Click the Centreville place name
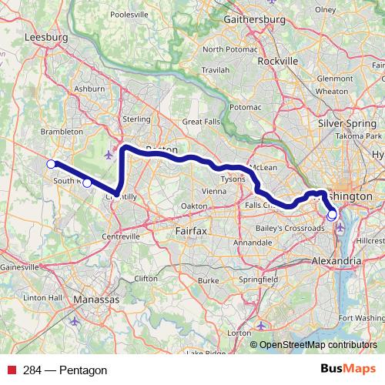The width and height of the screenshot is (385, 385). pyautogui.click(x=113, y=236)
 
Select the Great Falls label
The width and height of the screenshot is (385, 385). pyautogui.click(x=202, y=122)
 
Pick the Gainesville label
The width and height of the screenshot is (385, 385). pyautogui.click(x=18, y=266)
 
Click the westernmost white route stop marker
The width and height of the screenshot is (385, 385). pyautogui.click(x=51, y=163)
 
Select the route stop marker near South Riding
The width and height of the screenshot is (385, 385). pyautogui.click(x=87, y=182)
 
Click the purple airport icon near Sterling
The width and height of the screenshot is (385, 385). pyautogui.click(x=108, y=153)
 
